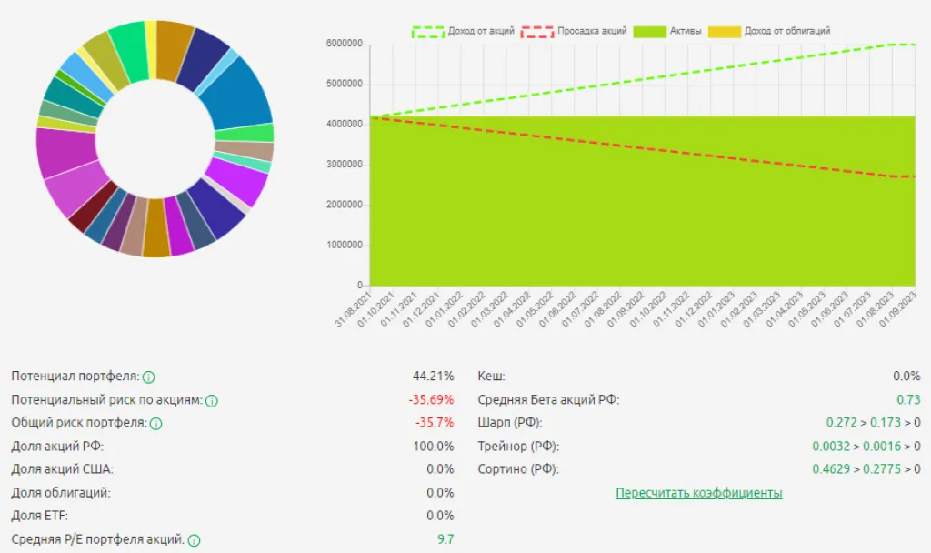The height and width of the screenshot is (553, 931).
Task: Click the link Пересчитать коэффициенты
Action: (x=698, y=493)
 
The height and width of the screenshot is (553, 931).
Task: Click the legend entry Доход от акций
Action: (x=464, y=31)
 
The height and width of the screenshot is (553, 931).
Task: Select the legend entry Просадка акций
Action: (x=574, y=31)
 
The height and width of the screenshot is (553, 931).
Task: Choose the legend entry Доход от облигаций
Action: (x=772, y=31)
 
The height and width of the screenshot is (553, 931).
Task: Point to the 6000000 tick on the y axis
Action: (x=345, y=44)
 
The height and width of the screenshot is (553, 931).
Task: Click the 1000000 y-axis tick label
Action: (x=345, y=245)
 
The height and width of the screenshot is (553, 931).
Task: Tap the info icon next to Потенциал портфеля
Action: (x=149, y=377)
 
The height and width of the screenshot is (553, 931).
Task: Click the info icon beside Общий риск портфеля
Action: (x=155, y=424)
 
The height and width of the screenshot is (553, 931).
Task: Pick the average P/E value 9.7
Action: (x=445, y=539)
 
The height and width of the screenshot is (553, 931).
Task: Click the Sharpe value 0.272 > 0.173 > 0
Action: (x=873, y=423)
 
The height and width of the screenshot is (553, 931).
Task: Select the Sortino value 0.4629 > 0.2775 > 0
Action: (x=866, y=469)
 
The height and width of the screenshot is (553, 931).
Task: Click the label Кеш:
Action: (x=491, y=376)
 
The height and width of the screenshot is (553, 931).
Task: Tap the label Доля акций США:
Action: (x=63, y=469)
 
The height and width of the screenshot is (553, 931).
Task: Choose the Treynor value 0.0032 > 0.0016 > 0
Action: (x=866, y=446)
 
